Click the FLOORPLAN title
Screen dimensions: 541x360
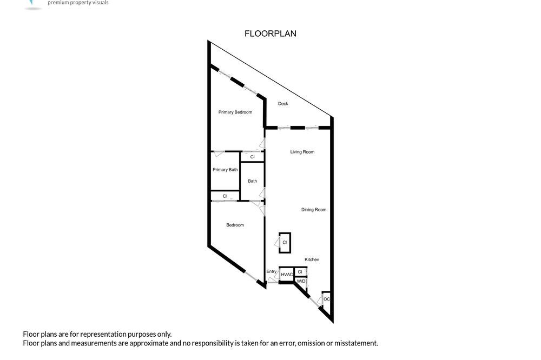270,34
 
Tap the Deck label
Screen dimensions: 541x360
283,103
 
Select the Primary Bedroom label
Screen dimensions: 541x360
235,112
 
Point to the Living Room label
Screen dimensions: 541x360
302,152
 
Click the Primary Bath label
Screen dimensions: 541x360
225,170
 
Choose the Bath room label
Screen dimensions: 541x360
253,181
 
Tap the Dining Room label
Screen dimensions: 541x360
314,210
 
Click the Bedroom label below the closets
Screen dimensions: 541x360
235,225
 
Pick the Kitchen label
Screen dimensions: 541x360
312,259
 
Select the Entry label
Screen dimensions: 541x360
272,272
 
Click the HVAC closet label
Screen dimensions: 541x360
287,275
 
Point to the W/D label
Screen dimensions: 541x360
301,282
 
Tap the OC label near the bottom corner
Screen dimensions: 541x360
327,299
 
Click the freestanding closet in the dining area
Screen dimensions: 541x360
285,243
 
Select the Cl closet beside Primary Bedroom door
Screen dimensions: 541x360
252,157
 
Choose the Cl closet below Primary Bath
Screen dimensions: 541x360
225,196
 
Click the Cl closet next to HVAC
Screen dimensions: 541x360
300,272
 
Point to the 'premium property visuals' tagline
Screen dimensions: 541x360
78,3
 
